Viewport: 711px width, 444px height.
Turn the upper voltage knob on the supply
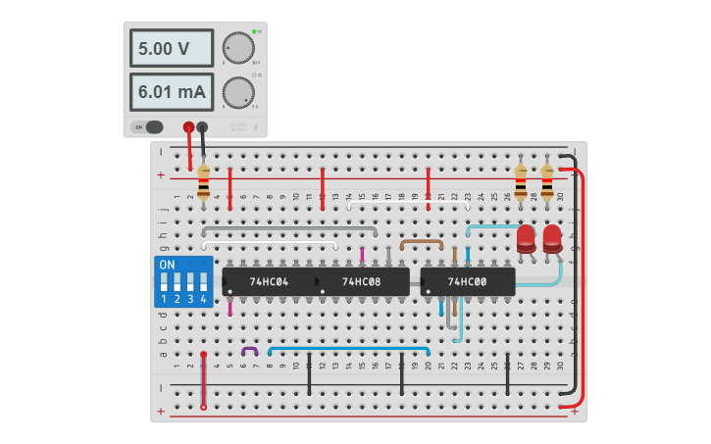[x=236, y=47]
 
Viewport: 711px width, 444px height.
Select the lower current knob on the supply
[x=236, y=92]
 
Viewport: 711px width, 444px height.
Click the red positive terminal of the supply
[x=189, y=126]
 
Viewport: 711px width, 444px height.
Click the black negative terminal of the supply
[x=202, y=126]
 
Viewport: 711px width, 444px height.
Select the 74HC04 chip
[x=268, y=282]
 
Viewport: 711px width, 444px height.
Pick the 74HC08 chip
[x=362, y=282]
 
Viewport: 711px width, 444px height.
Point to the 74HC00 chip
[x=468, y=282]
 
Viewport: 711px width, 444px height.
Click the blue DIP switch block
[x=182, y=282]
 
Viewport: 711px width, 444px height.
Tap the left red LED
[x=526, y=238]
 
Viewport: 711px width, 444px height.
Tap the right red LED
[x=552, y=238]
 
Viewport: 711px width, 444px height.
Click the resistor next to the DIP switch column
[x=203, y=183]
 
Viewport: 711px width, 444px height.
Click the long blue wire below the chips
[x=348, y=347]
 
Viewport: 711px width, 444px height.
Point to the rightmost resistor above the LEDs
[x=546, y=181]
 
